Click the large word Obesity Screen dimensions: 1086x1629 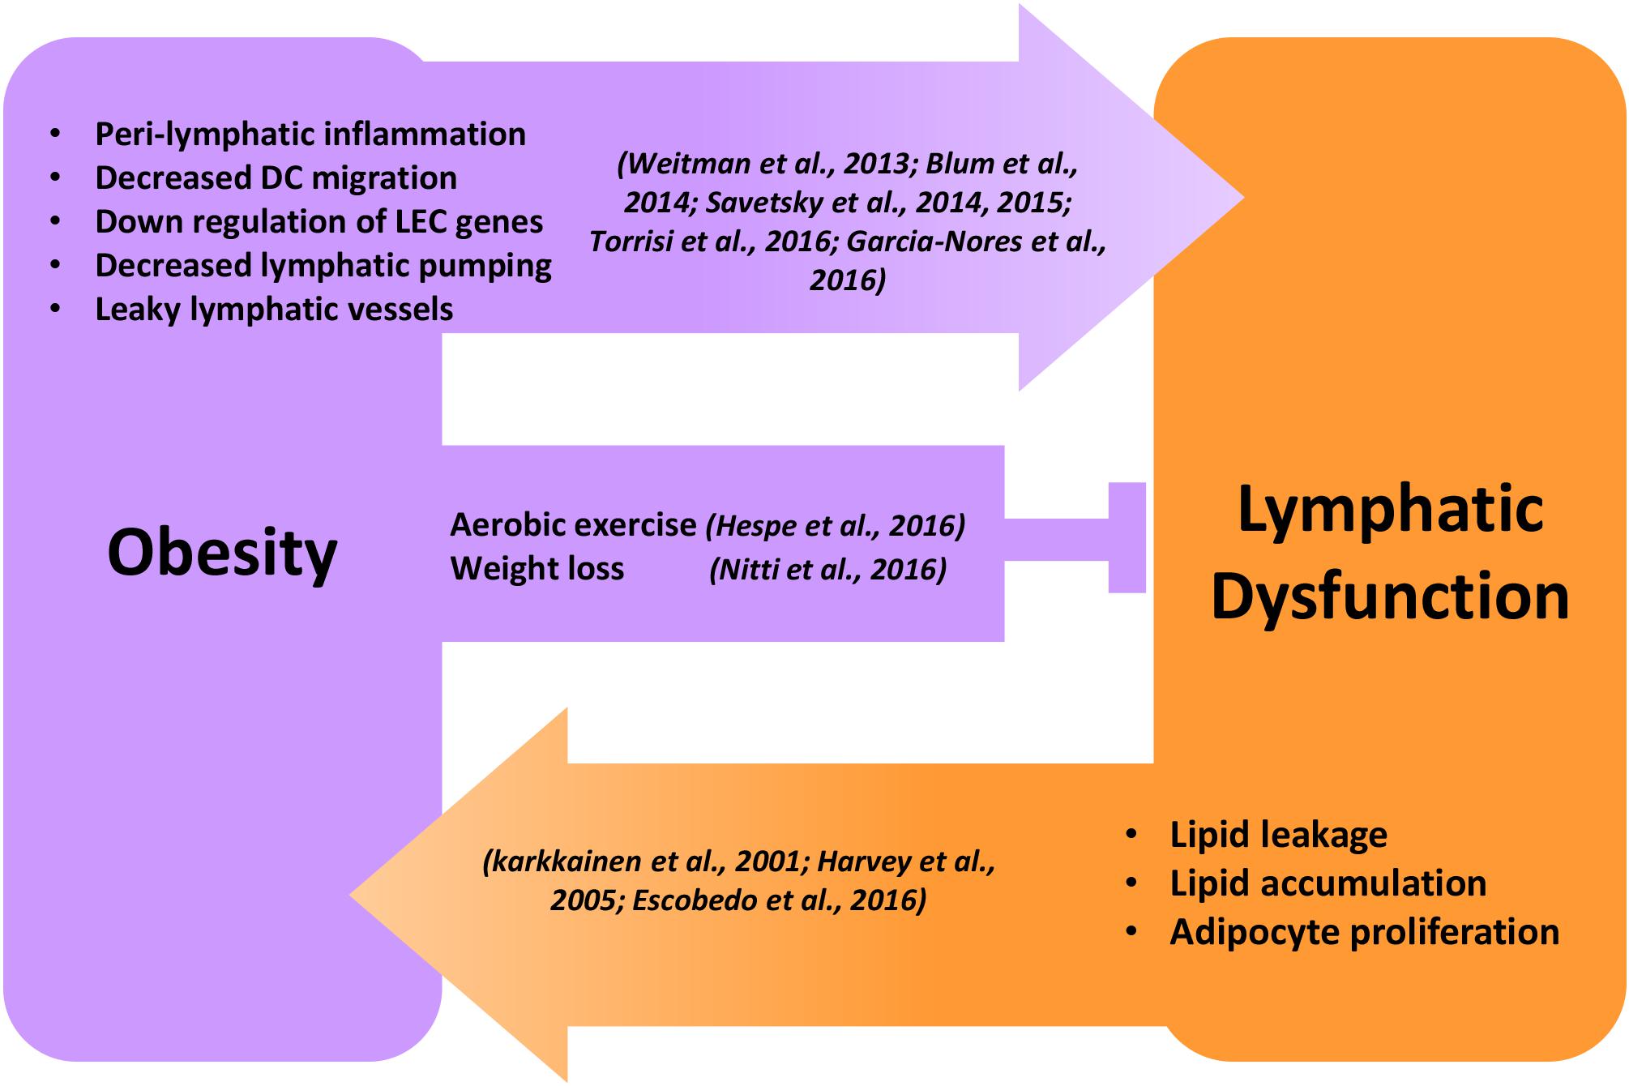pyautogui.click(x=222, y=554)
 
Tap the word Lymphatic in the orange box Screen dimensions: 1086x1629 pyautogui.click(x=1390, y=510)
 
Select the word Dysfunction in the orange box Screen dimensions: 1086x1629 pyautogui.click(x=1390, y=596)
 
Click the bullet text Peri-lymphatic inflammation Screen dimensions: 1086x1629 pyautogui.click(x=310, y=135)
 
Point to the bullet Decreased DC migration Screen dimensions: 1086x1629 pyautogui.click(x=276, y=178)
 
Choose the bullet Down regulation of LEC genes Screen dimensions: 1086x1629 pyautogui.click(x=319, y=222)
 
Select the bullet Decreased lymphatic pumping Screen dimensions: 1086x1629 pyautogui.click(x=323, y=266)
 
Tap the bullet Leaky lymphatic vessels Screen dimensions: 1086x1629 pyautogui.click(x=274, y=310)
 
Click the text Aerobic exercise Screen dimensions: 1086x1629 pyautogui.click(x=573, y=525)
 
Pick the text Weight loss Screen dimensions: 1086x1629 pyautogui.click(x=537, y=569)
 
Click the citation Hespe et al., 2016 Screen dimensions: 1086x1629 pyautogui.click(x=836, y=526)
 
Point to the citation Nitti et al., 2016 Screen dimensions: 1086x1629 pyautogui.click(x=827, y=570)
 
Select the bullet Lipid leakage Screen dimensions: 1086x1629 pyautogui.click(x=1278, y=835)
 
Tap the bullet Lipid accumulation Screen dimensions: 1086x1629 pyautogui.click(x=1328, y=883)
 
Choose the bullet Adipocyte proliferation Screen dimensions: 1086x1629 pyautogui.click(x=1364, y=932)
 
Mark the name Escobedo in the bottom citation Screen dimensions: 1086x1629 pyautogui.click(x=694, y=900)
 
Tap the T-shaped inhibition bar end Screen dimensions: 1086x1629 pyautogui.click(x=1127, y=537)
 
